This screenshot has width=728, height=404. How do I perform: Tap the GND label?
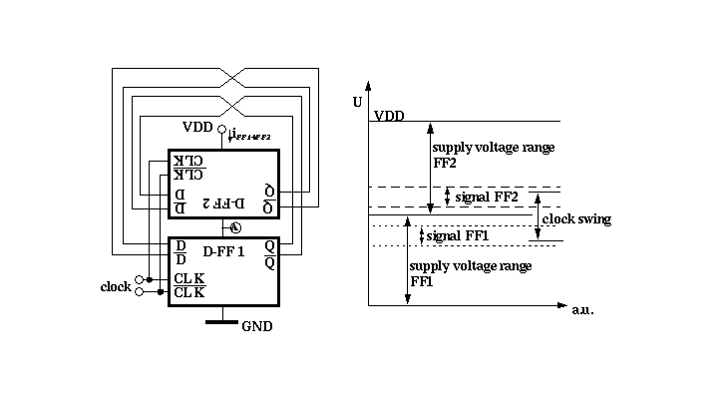(256, 326)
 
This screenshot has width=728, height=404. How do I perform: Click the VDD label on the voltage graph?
(389, 116)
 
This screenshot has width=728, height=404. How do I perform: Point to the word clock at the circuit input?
(116, 286)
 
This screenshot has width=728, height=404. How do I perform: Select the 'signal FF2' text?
(487, 198)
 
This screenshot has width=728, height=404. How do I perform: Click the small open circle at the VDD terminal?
(220, 129)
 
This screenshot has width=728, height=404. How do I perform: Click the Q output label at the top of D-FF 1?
(270, 245)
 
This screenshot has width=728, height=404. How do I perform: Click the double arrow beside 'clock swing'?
(538, 216)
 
